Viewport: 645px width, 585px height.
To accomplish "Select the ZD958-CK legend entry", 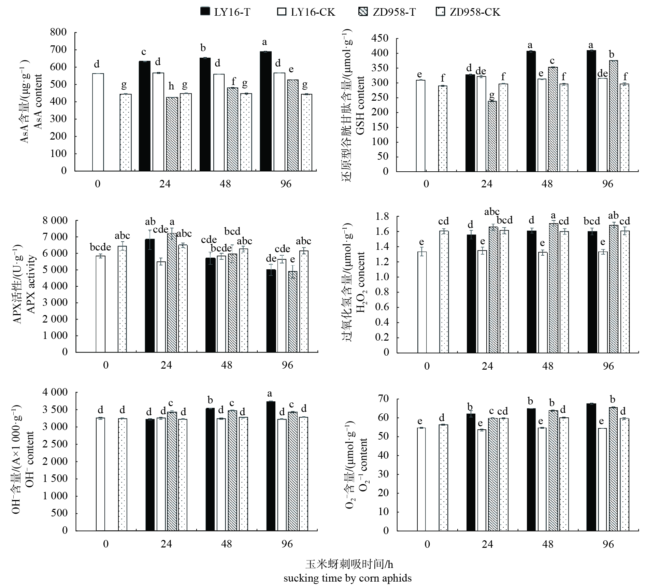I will coord(469,12).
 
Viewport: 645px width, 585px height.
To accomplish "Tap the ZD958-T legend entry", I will coord(388,12).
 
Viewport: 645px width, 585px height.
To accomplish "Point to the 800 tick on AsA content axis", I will coord(59,33).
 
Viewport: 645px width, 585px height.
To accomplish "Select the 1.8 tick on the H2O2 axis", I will coord(382,217).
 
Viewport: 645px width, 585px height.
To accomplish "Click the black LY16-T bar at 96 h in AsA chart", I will coord(266,111).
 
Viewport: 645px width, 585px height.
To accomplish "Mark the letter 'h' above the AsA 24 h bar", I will coord(171,87).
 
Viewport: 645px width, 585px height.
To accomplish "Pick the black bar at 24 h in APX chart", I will coord(150,295).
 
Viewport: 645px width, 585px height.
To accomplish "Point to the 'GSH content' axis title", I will coord(360,105).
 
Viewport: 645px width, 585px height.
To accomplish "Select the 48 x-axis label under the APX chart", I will coord(226,365).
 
